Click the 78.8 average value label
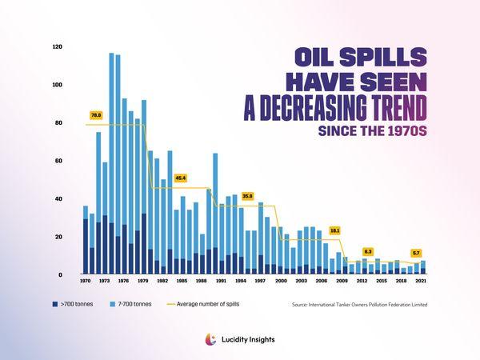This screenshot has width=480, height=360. pos(96,115)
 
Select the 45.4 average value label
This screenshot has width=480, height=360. pos(180,178)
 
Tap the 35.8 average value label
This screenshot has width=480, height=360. pos(247,195)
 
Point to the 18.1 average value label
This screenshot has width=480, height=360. pos(334,230)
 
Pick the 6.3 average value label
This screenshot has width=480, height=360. pos(368,251)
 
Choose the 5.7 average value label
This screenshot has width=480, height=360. pos(416,253)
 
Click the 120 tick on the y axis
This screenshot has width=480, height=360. pos(58,47)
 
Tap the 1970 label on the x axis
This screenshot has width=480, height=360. pos(85,282)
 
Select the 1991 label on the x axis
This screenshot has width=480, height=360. pos(222,282)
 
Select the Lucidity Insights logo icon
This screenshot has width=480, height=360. pos(211,339)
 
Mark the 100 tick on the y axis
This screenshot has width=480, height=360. pos(58,85)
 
